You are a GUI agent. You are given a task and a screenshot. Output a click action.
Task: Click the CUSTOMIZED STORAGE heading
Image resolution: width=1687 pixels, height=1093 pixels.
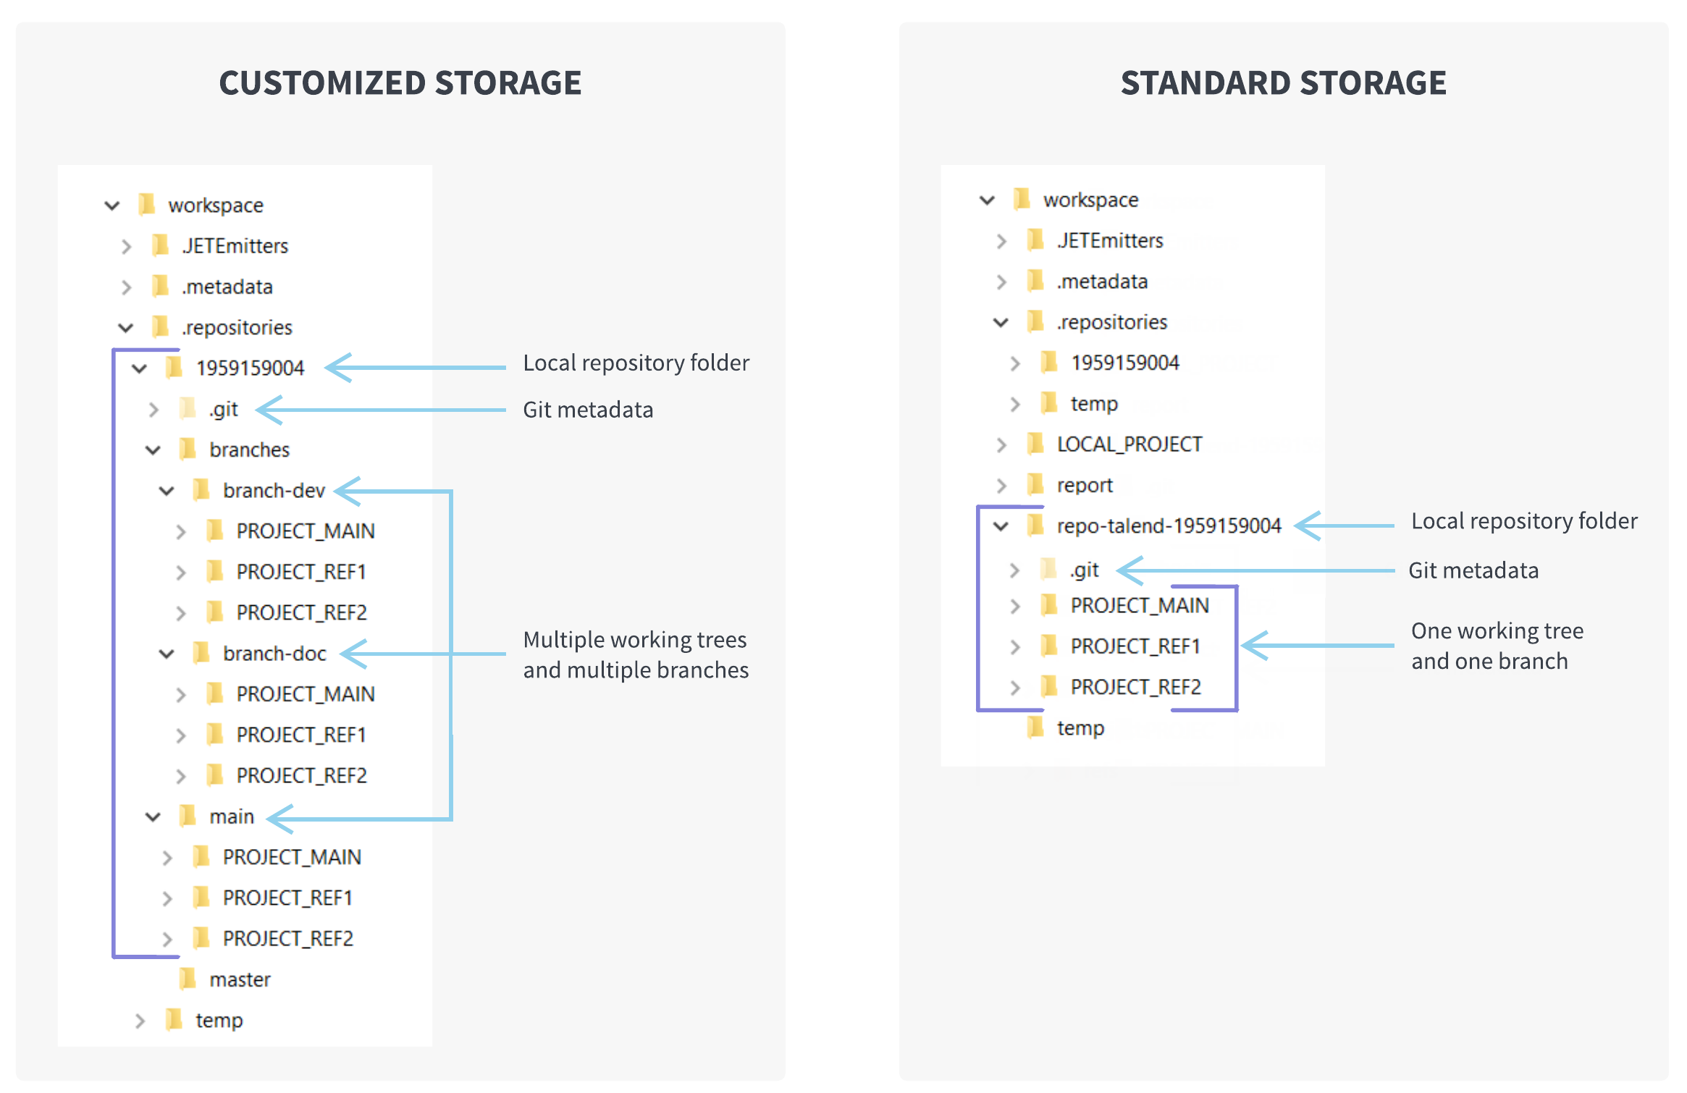[x=400, y=83]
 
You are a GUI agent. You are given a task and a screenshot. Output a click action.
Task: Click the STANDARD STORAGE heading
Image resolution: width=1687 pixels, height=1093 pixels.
[x=1283, y=83]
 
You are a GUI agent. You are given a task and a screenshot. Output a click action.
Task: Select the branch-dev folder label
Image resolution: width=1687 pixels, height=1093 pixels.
[x=274, y=491]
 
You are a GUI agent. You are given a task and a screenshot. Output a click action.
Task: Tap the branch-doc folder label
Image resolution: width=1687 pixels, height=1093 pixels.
[x=274, y=654]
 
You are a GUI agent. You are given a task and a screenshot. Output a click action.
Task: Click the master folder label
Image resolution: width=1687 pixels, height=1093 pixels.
[x=240, y=979]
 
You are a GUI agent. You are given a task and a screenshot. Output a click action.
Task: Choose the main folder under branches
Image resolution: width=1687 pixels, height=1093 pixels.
[x=232, y=816]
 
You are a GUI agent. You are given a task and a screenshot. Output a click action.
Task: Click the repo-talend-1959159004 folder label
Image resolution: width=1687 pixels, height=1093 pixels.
[x=1169, y=526]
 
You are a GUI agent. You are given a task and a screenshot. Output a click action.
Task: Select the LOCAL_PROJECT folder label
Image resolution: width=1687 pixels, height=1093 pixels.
[x=1129, y=444]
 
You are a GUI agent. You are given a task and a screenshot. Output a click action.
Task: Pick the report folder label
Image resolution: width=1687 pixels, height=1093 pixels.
[x=1084, y=485]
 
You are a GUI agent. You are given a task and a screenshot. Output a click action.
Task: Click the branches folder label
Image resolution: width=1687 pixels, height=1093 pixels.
[x=249, y=450]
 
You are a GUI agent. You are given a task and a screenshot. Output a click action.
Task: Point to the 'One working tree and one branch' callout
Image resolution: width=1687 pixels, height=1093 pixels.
[x=1496, y=646]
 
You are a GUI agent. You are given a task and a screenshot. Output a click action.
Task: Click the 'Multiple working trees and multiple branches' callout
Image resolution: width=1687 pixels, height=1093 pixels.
[x=636, y=654]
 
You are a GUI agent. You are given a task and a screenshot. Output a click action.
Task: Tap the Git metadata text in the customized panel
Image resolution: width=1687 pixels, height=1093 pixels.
[x=588, y=410]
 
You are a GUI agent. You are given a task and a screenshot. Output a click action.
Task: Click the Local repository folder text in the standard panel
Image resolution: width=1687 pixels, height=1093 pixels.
[x=1523, y=521]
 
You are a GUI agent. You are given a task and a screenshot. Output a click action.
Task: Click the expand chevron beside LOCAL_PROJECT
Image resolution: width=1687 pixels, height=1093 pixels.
[x=1001, y=444]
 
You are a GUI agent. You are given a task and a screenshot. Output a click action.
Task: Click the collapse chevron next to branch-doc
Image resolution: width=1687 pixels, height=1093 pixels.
[x=167, y=654]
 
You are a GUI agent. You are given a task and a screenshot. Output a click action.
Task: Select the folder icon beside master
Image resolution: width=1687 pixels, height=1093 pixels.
[x=188, y=979]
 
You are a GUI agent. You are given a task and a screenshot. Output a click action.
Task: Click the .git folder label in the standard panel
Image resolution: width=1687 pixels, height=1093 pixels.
[x=1084, y=570]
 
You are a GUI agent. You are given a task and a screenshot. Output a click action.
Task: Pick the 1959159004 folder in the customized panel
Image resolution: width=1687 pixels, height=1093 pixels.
[x=250, y=368]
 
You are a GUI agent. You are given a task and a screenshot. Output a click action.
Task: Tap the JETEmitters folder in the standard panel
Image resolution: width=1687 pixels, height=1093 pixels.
[x=1109, y=240]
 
